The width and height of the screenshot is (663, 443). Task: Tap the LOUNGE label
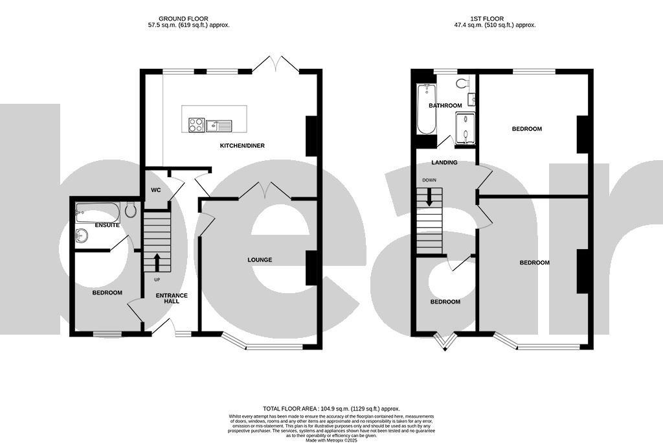pyautogui.click(x=259, y=260)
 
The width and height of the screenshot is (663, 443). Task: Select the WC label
pyautogui.click(x=155, y=191)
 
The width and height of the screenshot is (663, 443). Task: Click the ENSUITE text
pyautogui.click(x=107, y=225)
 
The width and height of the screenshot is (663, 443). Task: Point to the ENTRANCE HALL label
pyautogui.click(x=172, y=299)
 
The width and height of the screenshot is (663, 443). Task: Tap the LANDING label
pyautogui.click(x=445, y=163)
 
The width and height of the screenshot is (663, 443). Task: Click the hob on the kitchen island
pyautogui.click(x=196, y=125)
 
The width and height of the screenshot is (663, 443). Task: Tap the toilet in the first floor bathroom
pyautogui.click(x=462, y=83)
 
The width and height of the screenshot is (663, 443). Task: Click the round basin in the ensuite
pyautogui.click(x=82, y=235)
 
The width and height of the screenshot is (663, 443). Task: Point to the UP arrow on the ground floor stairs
pyautogui.click(x=156, y=263)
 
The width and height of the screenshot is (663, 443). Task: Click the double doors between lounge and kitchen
pyautogui.click(x=264, y=190)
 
